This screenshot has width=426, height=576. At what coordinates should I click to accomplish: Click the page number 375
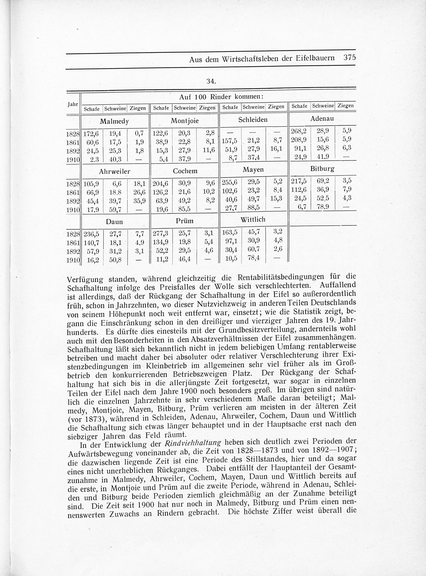pos(349,58)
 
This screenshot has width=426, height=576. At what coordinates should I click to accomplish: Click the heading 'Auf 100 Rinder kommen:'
pos(221,97)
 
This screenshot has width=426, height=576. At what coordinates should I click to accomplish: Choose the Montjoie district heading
pos(185,121)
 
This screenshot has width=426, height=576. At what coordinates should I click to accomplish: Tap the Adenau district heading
pos(322,119)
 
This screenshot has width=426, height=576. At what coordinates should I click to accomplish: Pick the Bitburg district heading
pos(322,169)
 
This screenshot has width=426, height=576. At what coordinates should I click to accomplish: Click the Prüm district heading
pos(184,221)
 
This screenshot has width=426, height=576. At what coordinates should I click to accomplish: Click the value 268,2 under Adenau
pos(299,131)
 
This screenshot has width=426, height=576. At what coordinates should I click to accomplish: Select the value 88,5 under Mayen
pos(253,208)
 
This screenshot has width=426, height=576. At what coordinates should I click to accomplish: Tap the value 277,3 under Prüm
pos(160,233)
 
